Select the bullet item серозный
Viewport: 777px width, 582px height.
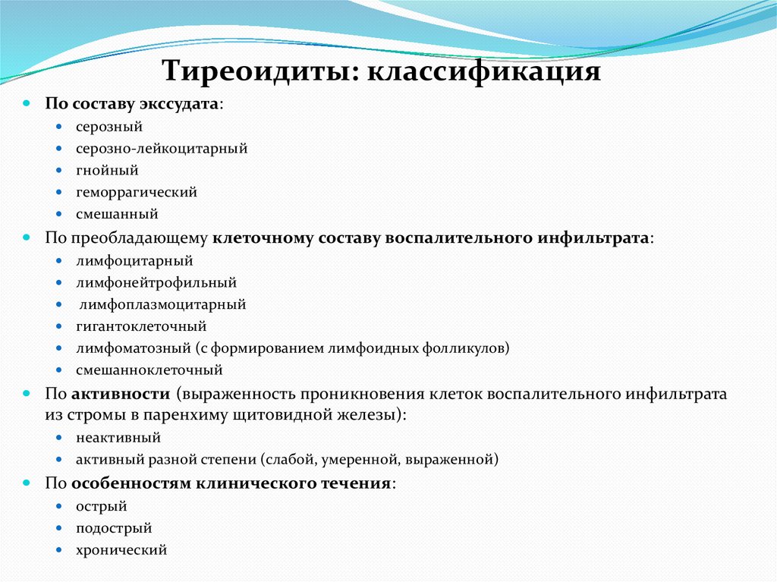coord(109,127)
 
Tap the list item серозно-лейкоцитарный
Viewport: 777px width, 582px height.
coord(162,149)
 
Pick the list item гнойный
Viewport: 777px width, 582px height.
coord(107,171)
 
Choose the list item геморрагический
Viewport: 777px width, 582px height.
coord(137,193)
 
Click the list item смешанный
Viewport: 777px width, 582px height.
coord(117,215)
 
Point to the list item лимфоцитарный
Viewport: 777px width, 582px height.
coord(134,261)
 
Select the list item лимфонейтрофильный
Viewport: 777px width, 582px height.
coord(156,283)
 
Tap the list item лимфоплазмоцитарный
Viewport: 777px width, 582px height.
coord(162,305)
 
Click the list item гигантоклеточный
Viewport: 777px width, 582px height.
coord(141,327)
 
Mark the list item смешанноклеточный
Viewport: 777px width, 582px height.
coord(149,371)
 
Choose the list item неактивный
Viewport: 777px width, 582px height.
coord(118,438)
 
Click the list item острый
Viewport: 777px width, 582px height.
coord(102,506)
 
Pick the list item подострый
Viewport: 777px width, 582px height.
coord(114,528)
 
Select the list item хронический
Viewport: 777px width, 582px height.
coord(121,550)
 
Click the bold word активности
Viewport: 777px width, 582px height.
coord(121,395)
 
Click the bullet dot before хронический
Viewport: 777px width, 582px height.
coord(59,550)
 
